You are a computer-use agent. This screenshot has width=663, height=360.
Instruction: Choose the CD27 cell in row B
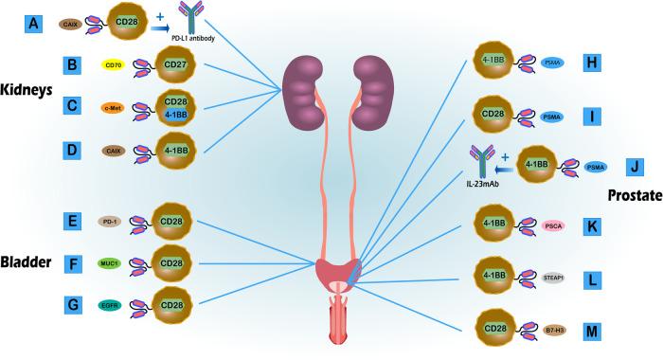tap(174, 66)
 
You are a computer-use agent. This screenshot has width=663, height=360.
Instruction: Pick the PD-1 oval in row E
tap(112, 222)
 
